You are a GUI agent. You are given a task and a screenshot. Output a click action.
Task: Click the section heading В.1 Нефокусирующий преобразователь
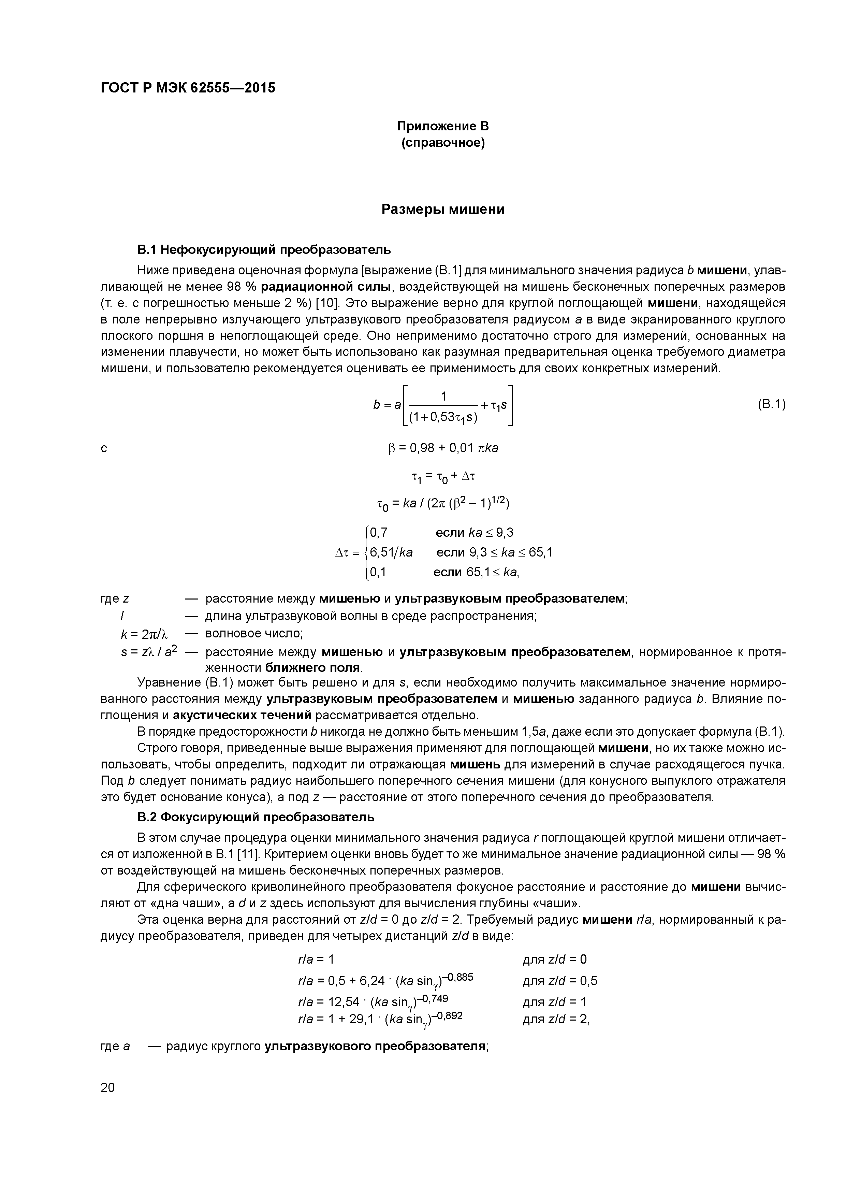264,250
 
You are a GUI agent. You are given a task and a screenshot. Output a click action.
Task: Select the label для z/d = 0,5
559,981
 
